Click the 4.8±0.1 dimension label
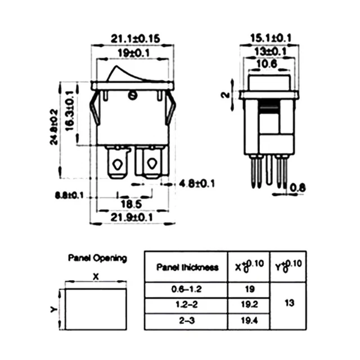pos(199,184)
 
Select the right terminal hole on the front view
pos(151,164)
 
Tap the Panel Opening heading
pos(97,258)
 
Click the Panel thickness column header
pos(187,267)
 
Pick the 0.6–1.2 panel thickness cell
pos(187,290)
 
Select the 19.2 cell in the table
pos(250,305)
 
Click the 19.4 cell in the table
pos(250,322)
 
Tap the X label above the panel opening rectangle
pos(95,277)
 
